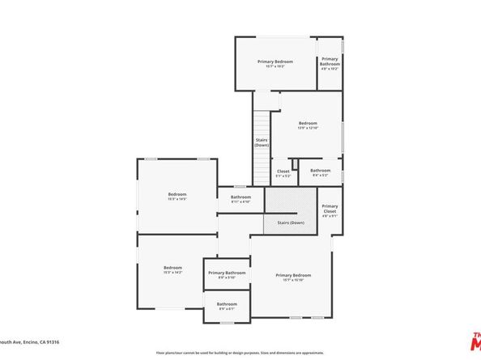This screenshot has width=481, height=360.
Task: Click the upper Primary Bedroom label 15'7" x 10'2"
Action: point(275,64)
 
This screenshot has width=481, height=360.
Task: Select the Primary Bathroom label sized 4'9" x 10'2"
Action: point(330,63)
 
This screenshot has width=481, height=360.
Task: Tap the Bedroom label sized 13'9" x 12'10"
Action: point(308,125)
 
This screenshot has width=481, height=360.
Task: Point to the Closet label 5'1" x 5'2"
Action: point(283,172)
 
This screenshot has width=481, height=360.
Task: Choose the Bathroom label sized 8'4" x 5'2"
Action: point(320,172)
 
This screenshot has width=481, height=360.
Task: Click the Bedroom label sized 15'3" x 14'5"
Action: point(177,196)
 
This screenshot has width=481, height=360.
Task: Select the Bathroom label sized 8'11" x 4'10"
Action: point(240,199)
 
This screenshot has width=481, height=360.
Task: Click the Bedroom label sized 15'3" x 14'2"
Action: point(173,269)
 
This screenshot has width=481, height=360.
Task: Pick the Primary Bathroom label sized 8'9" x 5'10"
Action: point(227,275)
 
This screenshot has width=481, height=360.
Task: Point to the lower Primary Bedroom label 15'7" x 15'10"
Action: point(292,277)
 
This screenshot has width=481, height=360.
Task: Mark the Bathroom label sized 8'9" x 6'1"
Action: point(227,306)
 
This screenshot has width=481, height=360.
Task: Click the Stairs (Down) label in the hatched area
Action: point(291,222)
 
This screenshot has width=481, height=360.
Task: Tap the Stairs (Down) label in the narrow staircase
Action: point(262,142)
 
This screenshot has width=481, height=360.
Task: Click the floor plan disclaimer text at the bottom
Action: point(240,353)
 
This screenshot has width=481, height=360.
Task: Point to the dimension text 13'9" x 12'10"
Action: point(308,128)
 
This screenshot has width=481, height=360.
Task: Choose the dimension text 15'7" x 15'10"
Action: point(292,280)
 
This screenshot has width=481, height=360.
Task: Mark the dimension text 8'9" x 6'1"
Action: point(227,308)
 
